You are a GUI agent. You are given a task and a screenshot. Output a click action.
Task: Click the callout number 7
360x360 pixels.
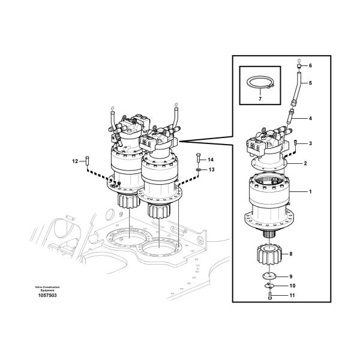point(260,99)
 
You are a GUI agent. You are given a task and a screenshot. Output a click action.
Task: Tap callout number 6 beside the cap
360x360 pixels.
point(310,65)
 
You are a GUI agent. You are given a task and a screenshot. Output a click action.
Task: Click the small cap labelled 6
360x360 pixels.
point(299,66)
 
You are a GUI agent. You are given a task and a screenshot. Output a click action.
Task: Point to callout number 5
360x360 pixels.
point(310,83)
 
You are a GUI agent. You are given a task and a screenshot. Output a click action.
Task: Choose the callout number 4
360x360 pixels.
point(310,118)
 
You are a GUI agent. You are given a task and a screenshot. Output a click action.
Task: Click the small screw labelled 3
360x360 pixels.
point(296,143)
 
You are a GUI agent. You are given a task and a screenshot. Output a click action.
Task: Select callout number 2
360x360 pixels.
point(305,163)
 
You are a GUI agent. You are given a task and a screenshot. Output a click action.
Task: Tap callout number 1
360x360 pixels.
point(310,191)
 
